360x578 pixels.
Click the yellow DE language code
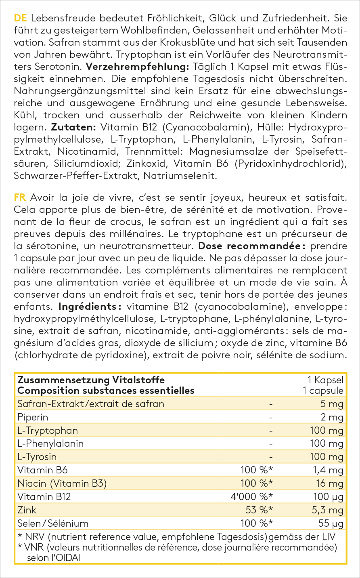click(20, 18)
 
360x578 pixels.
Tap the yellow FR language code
click(20, 198)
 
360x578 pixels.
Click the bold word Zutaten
click(73, 128)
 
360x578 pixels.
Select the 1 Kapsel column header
click(325, 380)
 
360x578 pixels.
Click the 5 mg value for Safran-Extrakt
click(332, 404)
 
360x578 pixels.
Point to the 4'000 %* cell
click(251, 496)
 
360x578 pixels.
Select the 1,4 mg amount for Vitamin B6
click(329, 470)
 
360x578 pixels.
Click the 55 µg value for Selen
click(331, 523)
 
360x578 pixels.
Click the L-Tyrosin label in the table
click(37, 457)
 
